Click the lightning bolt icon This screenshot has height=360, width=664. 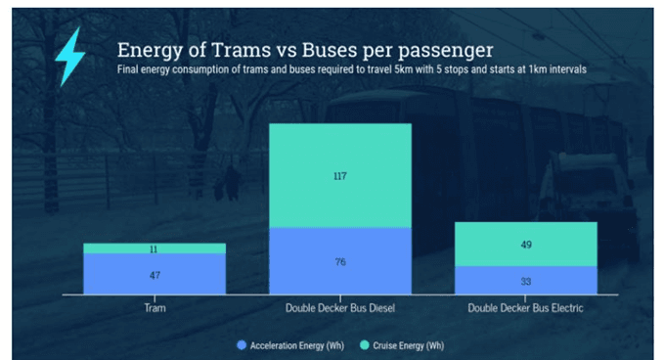[x=70, y=56]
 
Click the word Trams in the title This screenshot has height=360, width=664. [x=241, y=50]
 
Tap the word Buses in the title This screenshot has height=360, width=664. [x=330, y=50]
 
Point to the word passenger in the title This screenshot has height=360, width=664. [x=446, y=51]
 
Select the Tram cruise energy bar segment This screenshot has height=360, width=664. [x=155, y=248]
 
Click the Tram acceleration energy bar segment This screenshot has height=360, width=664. [x=155, y=274]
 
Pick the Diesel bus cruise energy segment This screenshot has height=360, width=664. [x=340, y=176]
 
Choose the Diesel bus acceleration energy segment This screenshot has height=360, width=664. [x=340, y=261]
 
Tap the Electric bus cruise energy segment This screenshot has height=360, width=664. [x=526, y=245]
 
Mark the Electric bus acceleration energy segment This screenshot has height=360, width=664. [x=526, y=281]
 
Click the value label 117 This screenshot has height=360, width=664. [x=340, y=176]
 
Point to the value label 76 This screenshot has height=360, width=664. [x=340, y=262]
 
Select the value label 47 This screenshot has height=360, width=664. [x=155, y=275]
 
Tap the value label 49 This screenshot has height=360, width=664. [x=526, y=245]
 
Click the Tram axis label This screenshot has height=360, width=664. [x=155, y=308]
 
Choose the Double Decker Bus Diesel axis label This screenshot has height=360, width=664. [x=340, y=308]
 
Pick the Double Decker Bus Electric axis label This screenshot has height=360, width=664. [x=525, y=308]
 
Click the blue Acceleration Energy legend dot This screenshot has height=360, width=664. [x=242, y=345]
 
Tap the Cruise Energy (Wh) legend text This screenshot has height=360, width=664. [x=408, y=346]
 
